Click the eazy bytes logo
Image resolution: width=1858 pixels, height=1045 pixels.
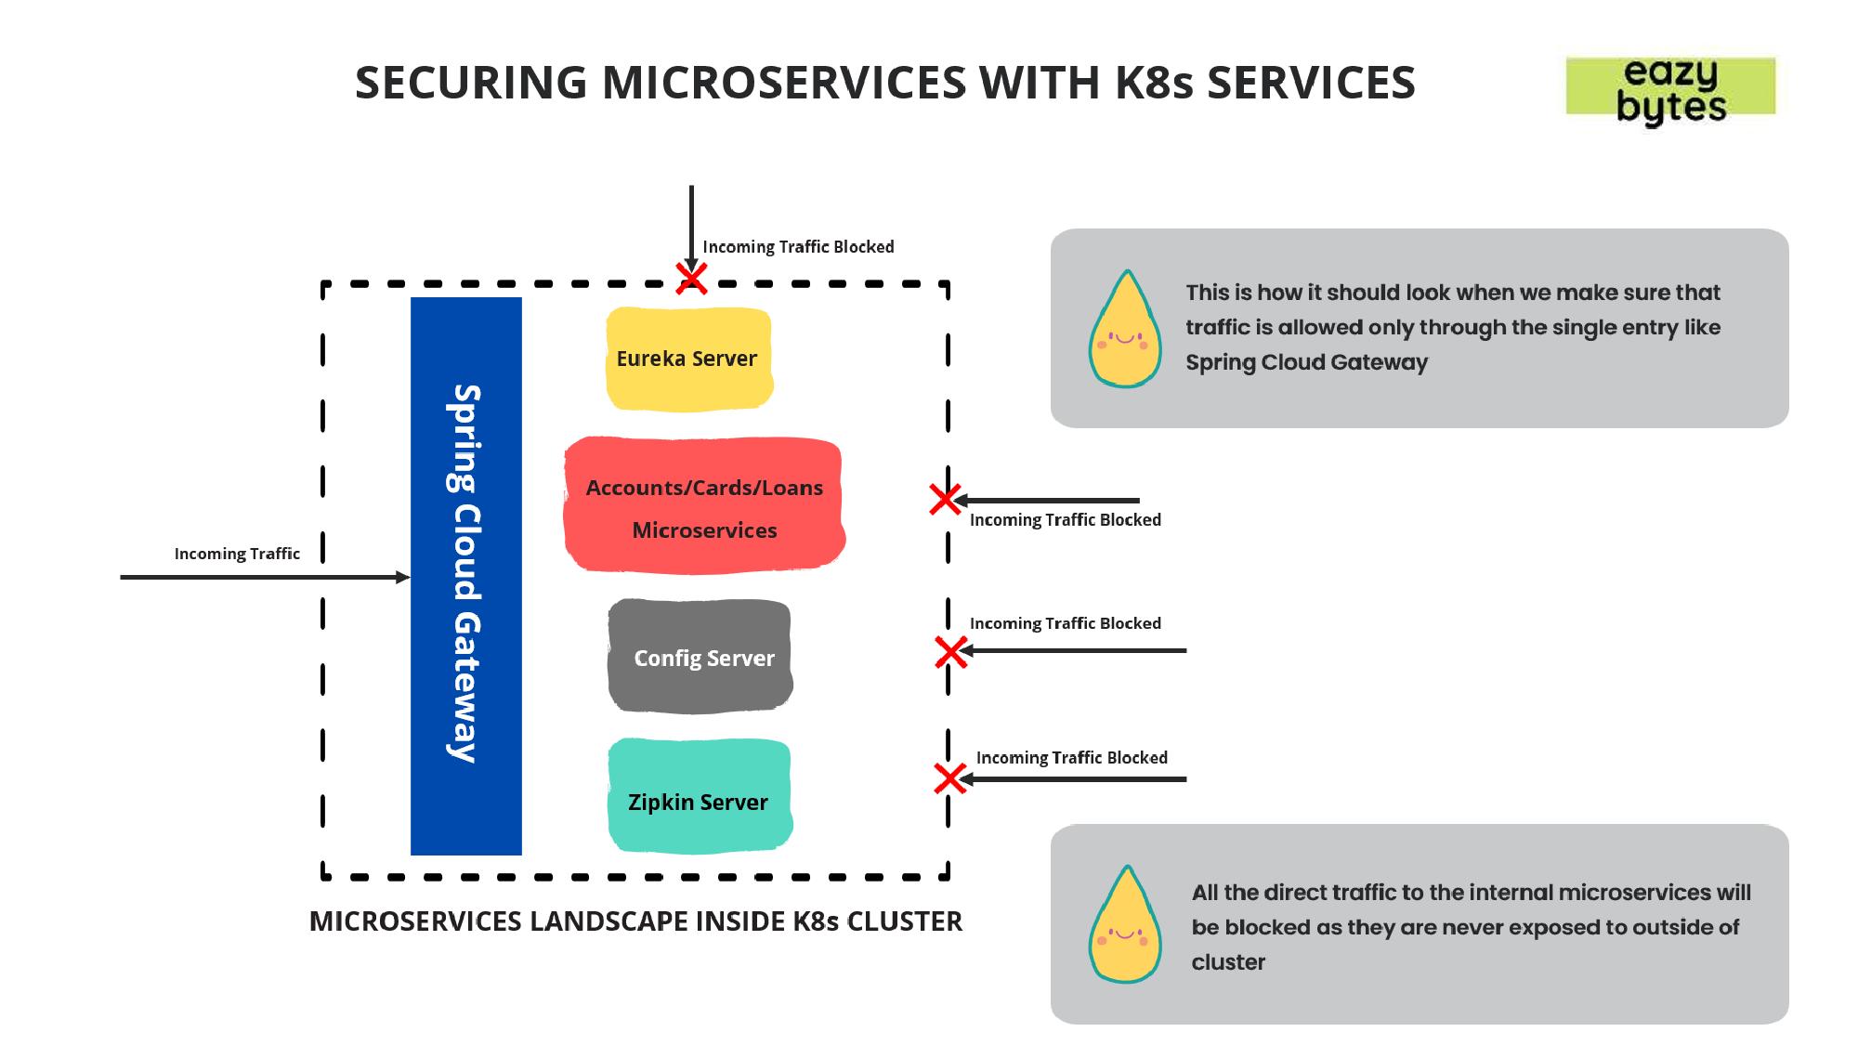[1670, 89]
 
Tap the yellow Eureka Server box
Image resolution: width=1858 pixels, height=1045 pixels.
[688, 359]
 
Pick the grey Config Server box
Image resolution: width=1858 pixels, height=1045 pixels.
[700, 657]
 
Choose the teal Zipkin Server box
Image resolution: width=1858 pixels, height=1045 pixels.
[700, 797]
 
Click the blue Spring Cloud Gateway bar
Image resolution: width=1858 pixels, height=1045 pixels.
[466, 575]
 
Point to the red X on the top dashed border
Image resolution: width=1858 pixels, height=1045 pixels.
[691, 278]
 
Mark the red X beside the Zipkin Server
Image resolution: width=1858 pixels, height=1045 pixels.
[949, 778]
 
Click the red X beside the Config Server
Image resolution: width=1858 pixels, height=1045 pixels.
[950, 652]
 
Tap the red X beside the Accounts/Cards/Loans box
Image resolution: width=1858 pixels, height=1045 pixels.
[945, 500]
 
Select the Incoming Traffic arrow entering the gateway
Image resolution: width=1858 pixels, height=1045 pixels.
[265, 578]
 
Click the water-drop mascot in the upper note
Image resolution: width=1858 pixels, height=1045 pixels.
[1125, 330]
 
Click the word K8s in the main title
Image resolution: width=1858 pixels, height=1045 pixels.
[1154, 82]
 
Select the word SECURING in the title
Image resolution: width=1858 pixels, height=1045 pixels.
[471, 82]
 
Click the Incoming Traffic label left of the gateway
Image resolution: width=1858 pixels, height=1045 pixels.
[237, 554]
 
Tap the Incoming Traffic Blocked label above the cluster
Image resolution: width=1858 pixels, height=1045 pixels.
[798, 247]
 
